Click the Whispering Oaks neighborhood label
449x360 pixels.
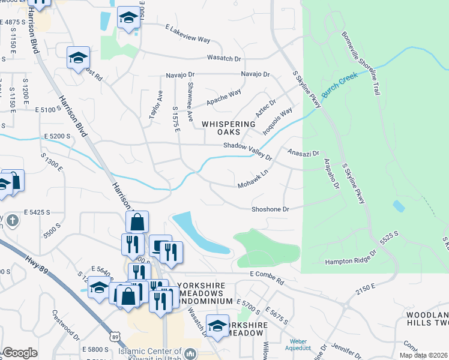[220, 127]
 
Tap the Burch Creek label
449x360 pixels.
[339, 85]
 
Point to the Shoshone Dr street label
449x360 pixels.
[270, 209]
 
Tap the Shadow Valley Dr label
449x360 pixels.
[247, 149]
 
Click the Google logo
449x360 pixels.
[20, 353]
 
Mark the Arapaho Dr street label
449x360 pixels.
[332, 175]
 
